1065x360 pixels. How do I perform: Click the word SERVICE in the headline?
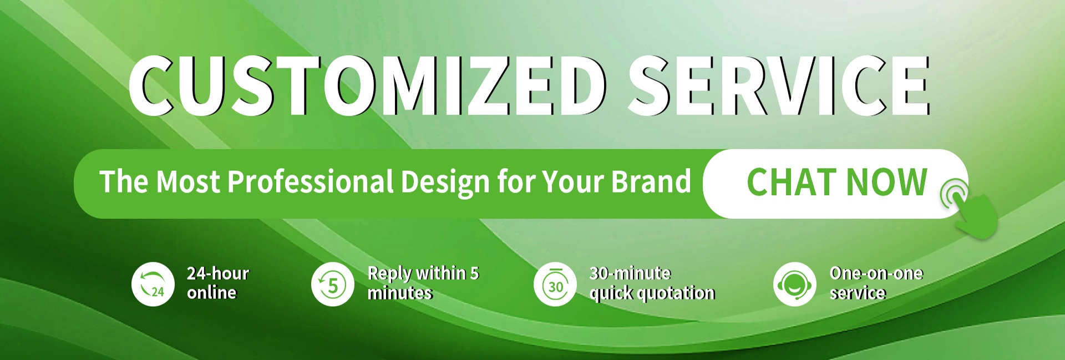779,86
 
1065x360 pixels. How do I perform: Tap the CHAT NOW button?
835,184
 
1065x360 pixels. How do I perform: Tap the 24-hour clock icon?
153,284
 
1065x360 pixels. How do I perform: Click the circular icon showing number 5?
333,284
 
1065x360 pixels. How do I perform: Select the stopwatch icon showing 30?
555,284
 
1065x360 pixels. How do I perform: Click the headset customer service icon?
795,284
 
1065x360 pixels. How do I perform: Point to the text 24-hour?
218,273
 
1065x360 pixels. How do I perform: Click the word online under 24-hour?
212,292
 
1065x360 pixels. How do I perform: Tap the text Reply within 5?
423,273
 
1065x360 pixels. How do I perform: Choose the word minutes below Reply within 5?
400,292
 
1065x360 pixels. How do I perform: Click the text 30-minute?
630,273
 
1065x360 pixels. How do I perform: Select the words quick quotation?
652,293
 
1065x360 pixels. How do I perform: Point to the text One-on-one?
876,273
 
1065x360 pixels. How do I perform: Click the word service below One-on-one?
858,292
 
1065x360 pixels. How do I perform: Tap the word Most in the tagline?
188,182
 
